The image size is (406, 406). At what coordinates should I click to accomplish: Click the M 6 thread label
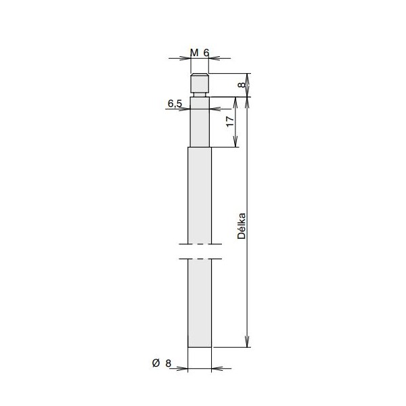200,53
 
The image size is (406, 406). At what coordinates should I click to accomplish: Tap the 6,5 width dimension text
174,103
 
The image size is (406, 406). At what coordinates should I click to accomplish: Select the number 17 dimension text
229,122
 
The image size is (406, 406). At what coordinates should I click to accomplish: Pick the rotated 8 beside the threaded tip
242,85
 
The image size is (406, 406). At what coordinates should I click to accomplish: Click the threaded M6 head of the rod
200,83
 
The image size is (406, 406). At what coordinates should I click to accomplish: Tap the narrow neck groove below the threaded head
200,95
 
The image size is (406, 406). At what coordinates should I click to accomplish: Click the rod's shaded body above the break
200,196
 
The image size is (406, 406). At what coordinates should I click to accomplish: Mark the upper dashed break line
200,244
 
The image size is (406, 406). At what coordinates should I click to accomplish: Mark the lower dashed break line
200,258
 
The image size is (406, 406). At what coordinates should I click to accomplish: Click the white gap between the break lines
200,251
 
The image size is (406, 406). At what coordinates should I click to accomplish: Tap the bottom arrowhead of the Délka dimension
249,343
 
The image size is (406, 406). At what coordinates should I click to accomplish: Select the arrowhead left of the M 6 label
185,60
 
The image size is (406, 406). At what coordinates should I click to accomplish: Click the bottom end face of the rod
200,347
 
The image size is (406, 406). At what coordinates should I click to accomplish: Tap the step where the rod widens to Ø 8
200,148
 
